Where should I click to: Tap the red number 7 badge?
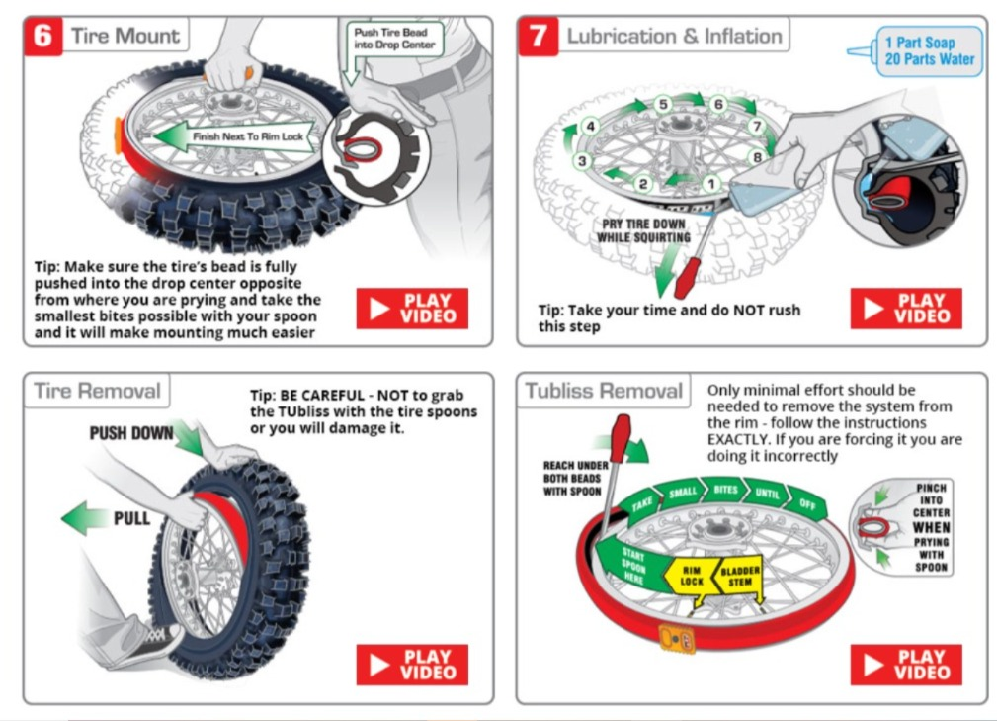click(x=538, y=37)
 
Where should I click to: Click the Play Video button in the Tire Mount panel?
click(x=412, y=309)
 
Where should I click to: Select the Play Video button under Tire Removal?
click(x=412, y=665)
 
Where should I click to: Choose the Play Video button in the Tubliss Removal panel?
click(x=906, y=665)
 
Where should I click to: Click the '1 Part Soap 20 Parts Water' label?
click(x=929, y=51)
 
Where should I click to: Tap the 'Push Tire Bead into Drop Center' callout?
click(x=394, y=40)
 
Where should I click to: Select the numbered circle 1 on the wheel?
click(x=708, y=183)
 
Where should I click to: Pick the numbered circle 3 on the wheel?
click(x=583, y=161)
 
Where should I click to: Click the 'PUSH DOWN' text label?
click(x=131, y=433)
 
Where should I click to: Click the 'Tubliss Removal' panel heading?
click(x=604, y=391)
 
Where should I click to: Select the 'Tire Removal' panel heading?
click(x=97, y=391)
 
